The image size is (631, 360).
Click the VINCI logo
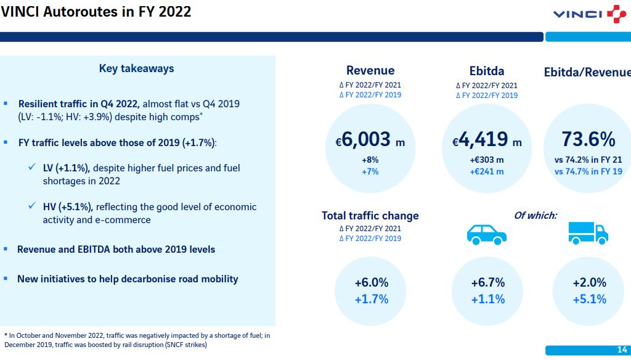tap(590, 14)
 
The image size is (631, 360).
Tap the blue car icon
tap(487, 234)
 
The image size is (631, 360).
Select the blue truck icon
tap(588, 233)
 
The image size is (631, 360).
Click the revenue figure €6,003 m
tap(370, 140)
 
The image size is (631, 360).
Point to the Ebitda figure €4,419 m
tap(487, 140)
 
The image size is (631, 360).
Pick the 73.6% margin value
tap(588, 139)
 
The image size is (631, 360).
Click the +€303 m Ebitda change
tap(487, 160)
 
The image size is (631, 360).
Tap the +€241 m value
tap(487, 171)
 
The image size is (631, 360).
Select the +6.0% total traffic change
tap(372, 283)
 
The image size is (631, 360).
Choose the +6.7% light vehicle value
tap(488, 283)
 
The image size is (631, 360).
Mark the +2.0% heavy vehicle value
tap(590, 283)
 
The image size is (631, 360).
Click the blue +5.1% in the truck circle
tap(590, 299)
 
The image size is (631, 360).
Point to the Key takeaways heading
tap(136, 68)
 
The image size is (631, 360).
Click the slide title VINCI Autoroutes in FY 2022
tap(96, 12)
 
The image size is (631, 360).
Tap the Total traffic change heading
tap(370, 216)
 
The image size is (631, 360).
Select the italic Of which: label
tap(535, 215)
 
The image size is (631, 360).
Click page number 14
tap(622, 350)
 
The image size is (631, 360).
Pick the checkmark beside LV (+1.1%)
tap(32, 166)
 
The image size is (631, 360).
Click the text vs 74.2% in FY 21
tap(588, 160)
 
